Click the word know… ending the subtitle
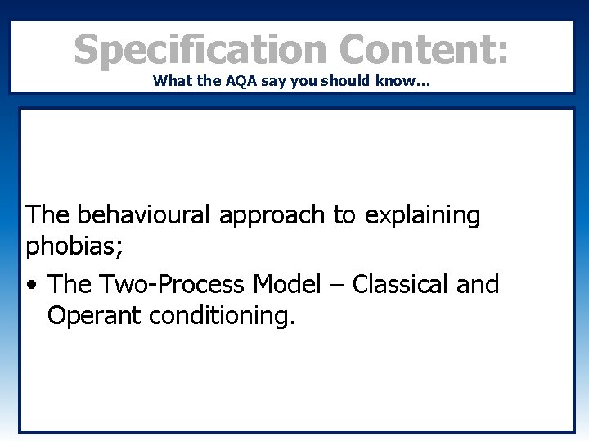411,82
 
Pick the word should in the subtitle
356,82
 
